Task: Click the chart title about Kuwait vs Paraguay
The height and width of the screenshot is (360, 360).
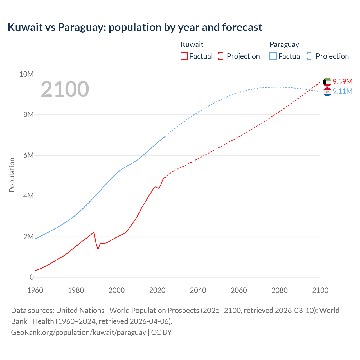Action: pyautogui.click(x=135, y=27)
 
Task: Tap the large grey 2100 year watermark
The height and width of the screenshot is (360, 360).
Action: pyautogui.click(x=65, y=89)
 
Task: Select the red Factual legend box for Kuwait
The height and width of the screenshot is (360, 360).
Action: pyautogui.click(x=184, y=56)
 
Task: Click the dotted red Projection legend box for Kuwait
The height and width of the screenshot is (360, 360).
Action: pyautogui.click(x=222, y=56)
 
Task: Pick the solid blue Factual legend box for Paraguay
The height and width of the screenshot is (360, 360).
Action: pyautogui.click(x=273, y=56)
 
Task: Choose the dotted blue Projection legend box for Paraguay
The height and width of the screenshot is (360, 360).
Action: pyautogui.click(x=311, y=56)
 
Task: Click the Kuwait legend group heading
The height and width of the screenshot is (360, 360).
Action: pyautogui.click(x=192, y=44)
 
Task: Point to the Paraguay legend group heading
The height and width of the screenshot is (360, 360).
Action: pyautogui.click(x=284, y=44)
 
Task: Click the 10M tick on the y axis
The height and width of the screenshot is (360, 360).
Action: pyautogui.click(x=26, y=74)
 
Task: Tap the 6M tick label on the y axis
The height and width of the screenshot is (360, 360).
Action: pyautogui.click(x=28, y=155)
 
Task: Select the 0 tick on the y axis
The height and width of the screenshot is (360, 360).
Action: pyautogui.click(x=31, y=277)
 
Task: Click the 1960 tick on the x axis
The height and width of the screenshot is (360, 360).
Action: pyautogui.click(x=35, y=290)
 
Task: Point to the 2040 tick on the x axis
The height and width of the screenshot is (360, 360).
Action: pyautogui.click(x=198, y=290)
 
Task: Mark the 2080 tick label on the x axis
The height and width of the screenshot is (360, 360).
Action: pyautogui.click(x=280, y=290)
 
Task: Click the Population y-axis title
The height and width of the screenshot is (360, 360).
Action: pyautogui.click(x=12, y=175)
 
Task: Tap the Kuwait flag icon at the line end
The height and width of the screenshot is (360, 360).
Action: pyautogui.click(x=327, y=82)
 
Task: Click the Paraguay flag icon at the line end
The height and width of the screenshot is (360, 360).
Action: pyautogui.click(x=327, y=92)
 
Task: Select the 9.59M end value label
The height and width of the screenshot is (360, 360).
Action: pyautogui.click(x=342, y=82)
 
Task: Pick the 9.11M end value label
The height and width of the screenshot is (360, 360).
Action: pyautogui.click(x=342, y=91)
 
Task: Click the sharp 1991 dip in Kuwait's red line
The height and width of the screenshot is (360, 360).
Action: pyautogui.click(x=98, y=249)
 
